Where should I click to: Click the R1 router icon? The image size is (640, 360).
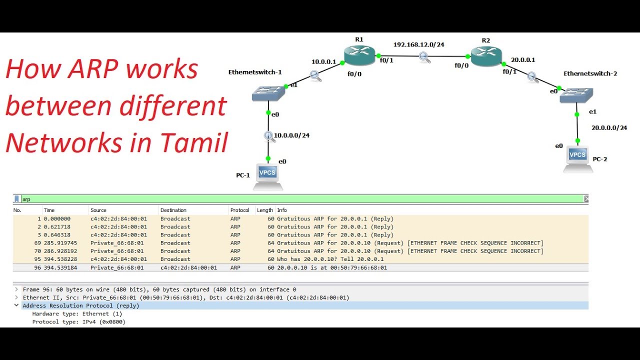pos(359,55)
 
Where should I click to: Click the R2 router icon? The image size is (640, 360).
pos(486,56)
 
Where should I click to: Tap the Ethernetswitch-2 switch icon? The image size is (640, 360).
pos(576,95)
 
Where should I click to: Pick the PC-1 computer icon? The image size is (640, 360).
pos(267,176)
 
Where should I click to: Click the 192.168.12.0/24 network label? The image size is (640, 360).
pos(418,44)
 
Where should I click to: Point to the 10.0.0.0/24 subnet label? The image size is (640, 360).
pos(291,135)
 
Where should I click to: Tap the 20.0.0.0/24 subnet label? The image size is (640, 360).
pos(609,128)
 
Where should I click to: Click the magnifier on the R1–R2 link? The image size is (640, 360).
pos(424,57)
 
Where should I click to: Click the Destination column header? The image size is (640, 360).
pos(173,210)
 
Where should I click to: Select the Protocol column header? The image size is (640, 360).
pos(239,210)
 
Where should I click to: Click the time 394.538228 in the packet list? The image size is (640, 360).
pos(57,259)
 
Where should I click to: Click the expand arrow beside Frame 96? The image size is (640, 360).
pos(16,289)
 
